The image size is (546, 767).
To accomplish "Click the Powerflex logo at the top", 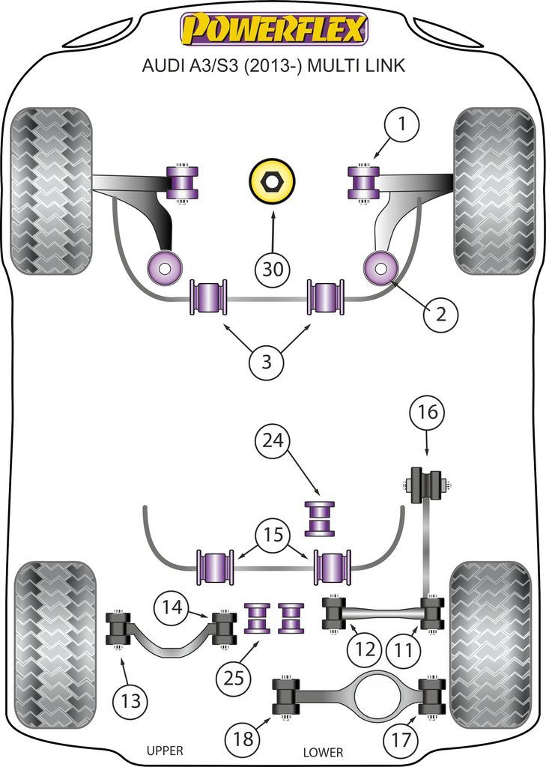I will tap(273, 29).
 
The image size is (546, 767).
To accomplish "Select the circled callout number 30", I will tap(273, 270).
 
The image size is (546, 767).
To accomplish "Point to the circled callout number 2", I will tap(441, 315).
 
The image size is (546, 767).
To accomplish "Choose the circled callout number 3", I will tap(267, 363).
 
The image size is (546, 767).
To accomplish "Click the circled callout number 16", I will tap(426, 413).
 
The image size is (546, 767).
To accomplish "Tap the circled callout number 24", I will tap(274, 442).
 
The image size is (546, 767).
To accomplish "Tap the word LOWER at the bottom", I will tap(323, 751).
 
